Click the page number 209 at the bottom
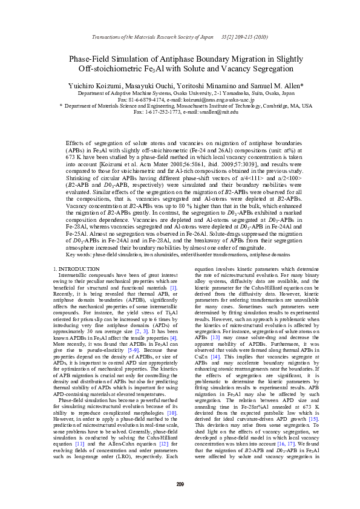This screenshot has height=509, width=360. [180, 484]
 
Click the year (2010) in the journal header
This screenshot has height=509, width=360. [257, 37]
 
